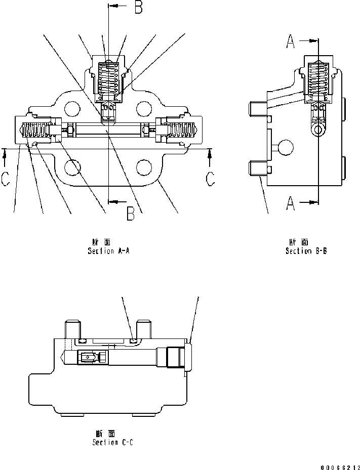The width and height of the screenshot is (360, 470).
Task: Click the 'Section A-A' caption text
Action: point(108,251)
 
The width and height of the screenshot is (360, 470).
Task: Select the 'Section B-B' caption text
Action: point(306,251)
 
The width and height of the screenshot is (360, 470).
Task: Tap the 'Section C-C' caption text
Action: point(113,442)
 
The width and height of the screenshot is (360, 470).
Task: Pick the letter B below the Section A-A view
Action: point(130,215)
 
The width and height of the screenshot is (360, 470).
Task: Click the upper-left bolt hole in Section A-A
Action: point(72,107)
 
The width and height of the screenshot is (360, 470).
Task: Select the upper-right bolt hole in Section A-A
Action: point(145,107)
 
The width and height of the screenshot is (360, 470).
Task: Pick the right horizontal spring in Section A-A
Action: point(182,131)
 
